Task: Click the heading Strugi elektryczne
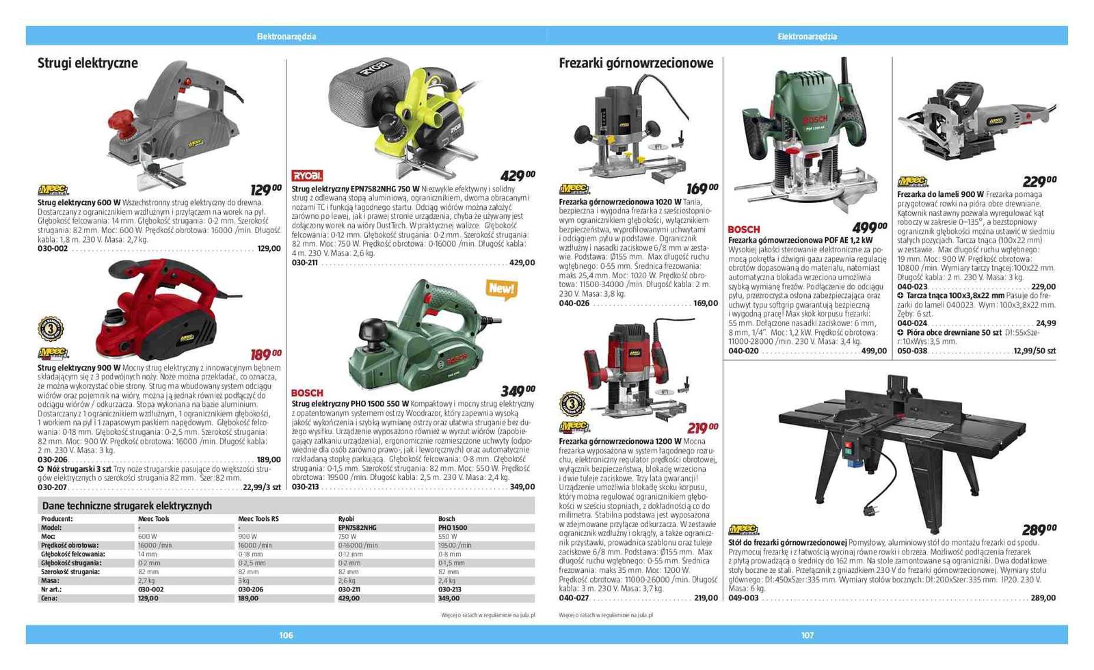pos(88,63)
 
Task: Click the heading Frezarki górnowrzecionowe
pos(636,63)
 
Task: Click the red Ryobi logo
pos(307,176)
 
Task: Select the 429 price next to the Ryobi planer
pos(517,176)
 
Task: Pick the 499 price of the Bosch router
pos(868,228)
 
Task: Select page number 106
pos(286,635)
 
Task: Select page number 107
pos(808,635)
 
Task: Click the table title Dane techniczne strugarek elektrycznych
pos(127,506)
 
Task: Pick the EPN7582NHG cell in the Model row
pos(357,528)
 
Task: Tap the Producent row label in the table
pos(57,519)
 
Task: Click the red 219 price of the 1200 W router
pos(702,429)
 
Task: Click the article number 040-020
pos(743,351)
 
